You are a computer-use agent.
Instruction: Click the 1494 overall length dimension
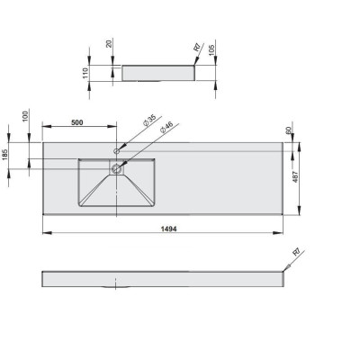point(169,229)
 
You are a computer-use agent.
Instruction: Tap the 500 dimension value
point(77,122)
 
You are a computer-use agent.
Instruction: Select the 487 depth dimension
point(295,177)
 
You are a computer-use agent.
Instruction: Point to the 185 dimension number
point(5,154)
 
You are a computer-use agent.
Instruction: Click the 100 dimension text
point(25,116)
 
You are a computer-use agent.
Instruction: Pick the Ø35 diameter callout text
point(149,121)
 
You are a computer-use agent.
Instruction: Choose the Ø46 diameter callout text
point(166,128)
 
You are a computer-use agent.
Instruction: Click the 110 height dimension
point(85,73)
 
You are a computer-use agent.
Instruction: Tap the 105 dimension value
point(211,50)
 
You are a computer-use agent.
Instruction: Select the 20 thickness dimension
point(109,43)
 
